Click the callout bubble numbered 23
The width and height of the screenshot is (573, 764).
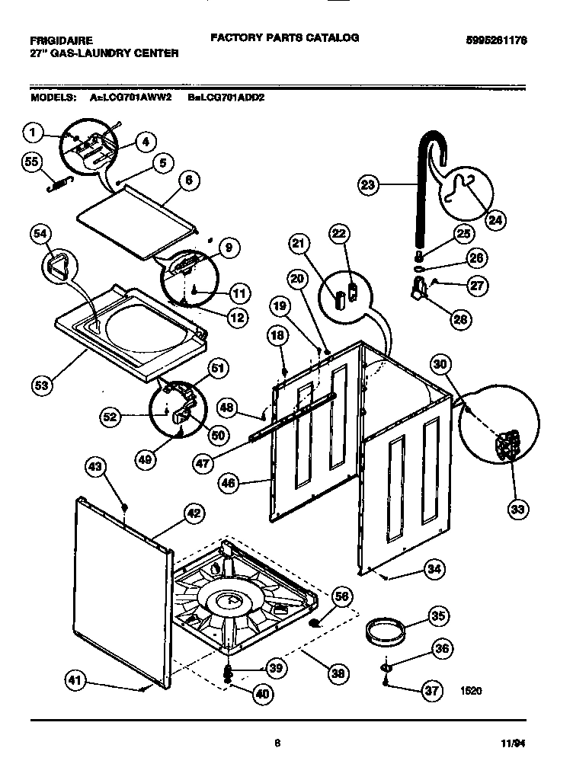point(368,185)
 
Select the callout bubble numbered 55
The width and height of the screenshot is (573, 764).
point(31,162)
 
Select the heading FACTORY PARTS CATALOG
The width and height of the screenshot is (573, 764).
point(284,37)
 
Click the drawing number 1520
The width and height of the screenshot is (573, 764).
point(472,692)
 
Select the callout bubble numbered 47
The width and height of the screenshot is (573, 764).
point(201,461)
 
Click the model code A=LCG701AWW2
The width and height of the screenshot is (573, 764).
point(131,98)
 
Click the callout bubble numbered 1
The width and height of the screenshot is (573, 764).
point(31,133)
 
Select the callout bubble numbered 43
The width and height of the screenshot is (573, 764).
point(95,468)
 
